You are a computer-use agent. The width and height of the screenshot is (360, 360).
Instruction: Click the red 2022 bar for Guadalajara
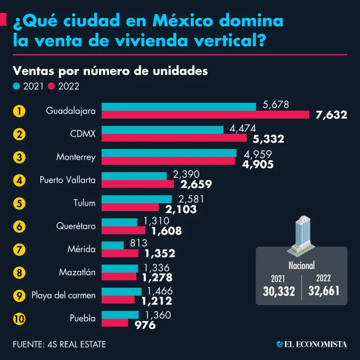pos(205,115)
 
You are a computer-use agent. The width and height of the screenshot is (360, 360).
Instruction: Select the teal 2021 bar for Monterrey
pos(169,153)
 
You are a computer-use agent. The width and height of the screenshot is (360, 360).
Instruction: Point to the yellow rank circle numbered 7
pos(19,249)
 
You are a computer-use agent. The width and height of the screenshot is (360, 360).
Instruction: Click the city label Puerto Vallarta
pos(67,180)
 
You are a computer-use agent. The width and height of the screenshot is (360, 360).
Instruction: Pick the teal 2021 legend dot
pos(16,86)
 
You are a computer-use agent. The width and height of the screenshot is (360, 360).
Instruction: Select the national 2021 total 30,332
pos(279,291)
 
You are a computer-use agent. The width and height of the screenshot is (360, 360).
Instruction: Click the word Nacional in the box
pos(301,264)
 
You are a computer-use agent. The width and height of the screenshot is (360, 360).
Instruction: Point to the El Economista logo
pos(312,345)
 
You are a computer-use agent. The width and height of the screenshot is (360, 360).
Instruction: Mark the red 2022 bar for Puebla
pos(115,322)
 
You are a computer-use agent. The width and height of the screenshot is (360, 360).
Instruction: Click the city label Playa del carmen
pos(64,295)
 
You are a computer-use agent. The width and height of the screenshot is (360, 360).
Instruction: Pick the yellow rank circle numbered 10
pos(19,318)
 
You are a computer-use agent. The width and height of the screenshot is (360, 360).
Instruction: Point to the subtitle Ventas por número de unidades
pos(110,71)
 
